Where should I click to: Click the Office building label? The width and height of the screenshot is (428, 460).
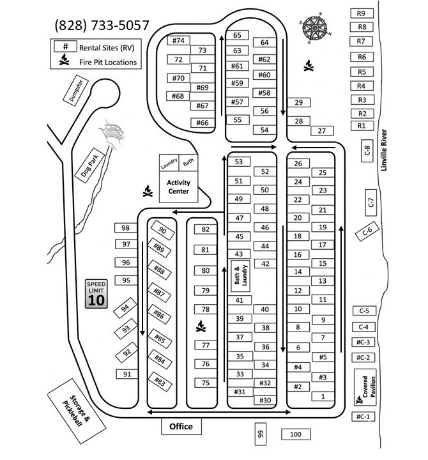pos(181,426)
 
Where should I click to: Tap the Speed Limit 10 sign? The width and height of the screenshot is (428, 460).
pos(96,294)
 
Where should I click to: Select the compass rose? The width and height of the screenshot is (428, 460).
pos(314,28)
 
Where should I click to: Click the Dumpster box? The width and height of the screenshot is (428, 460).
pos(75,91)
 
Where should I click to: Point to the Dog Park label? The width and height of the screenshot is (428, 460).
pos(90,165)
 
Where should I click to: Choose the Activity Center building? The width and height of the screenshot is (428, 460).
pos(178,187)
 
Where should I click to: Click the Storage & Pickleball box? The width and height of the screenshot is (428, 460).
pos(76,411)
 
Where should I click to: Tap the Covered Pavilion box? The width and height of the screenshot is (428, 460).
pos(365,387)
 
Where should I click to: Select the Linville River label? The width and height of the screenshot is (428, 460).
pos(384,150)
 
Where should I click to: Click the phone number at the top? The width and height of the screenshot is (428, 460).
pos(102,25)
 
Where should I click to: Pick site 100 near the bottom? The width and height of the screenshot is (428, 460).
pos(296,434)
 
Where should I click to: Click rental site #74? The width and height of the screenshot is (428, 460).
pos(178,40)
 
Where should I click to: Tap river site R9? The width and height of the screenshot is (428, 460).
pos(362,13)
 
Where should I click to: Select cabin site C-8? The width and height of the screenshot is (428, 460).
pos(367,151)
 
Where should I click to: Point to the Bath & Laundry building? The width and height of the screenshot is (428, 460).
pos(241,276)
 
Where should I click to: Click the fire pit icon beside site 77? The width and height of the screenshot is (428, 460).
pos(201,326)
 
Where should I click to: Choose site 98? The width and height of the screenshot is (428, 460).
pos(126,228)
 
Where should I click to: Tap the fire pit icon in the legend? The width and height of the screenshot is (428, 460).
pos(64,59)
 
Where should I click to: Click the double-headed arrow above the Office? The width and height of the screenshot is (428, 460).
pos(219,412)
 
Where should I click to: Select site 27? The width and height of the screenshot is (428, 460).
pos(322,131)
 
